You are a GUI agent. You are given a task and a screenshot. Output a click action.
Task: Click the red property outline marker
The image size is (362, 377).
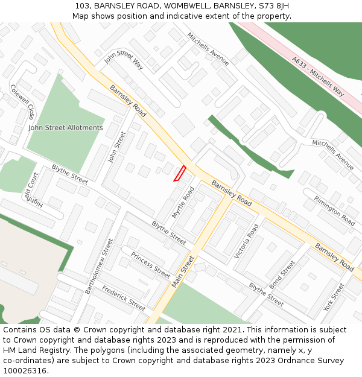(x=180, y=173)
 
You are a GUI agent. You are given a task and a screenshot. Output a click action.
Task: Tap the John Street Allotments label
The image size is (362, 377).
(x=66, y=128)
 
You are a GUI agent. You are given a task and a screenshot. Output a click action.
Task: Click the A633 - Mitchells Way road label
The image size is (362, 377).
(x=318, y=77)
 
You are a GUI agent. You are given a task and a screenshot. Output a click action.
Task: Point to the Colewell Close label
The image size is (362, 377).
(x=22, y=101)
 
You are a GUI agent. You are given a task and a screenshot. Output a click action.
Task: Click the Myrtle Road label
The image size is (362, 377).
(x=183, y=202)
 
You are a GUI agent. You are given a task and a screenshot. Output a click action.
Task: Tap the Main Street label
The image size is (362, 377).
(x=183, y=271)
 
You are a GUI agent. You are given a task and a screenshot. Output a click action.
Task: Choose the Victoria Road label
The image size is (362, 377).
(x=247, y=241)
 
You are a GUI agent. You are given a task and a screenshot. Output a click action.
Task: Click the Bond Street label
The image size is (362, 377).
(x=282, y=273)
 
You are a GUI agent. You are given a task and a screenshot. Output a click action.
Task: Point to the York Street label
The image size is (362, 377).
(x=334, y=297)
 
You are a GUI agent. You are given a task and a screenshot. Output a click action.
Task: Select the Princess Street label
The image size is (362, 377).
(x=151, y=265)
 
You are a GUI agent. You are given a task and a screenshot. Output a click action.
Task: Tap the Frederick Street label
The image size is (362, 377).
(x=124, y=298)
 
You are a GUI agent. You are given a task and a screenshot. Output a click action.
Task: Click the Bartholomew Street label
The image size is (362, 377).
(x=99, y=266)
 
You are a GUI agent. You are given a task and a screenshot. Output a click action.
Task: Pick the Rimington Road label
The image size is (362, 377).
(x=334, y=211)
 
